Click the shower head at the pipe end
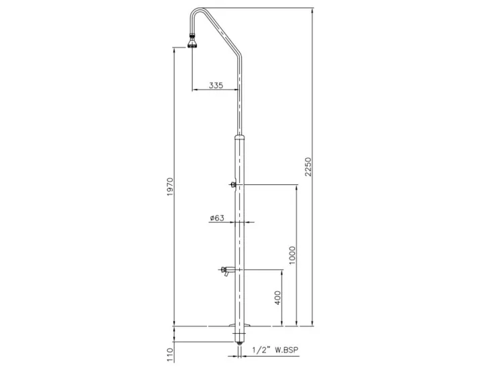pyautogui.click(x=192, y=45)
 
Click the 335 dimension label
pyautogui.click(x=216, y=85)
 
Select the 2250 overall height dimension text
pyautogui.click(x=308, y=165)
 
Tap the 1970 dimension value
pyautogui.click(x=170, y=190)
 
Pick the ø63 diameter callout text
pyautogui.click(x=216, y=218)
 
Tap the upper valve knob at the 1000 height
pyautogui.click(x=232, y=185)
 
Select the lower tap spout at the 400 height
pyautogui.click(x=226, y=270)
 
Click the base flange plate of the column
pyautogui.click(x=241, y=328)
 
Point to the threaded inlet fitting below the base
pyautogui.click(x=240, y=341)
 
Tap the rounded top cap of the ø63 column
pyautogui.click(x=241, y=137)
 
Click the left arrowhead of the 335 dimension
pyautogui.click(x=194, y=91)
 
